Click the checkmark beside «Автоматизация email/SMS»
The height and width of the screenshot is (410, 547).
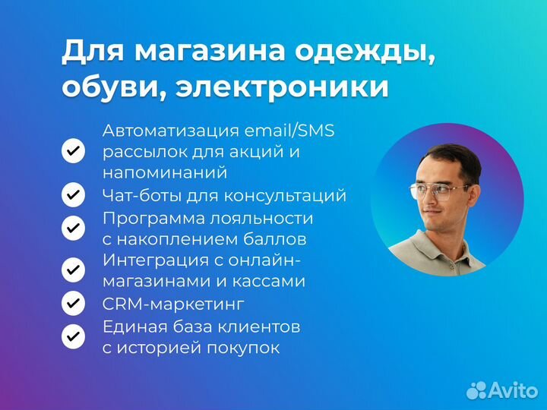point(73,151)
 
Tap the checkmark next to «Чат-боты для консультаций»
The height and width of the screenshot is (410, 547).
point(73,195)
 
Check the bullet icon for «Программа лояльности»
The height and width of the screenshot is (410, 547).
point(73,227)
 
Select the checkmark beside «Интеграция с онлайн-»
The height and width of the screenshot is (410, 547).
point(73,269)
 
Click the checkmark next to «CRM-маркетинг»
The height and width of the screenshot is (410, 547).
point(73,304)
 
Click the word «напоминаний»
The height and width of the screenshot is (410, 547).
point(165,173)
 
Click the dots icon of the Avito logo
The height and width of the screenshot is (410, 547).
point(476,389)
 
